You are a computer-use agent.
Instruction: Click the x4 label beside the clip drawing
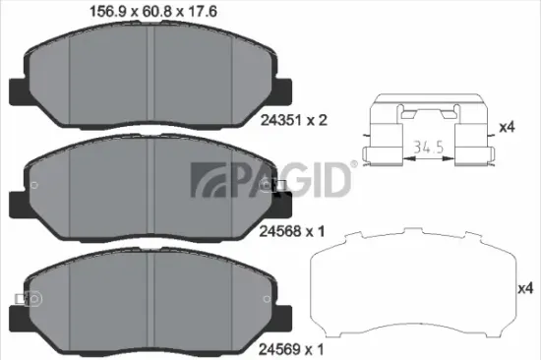click(x=508, y=126)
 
